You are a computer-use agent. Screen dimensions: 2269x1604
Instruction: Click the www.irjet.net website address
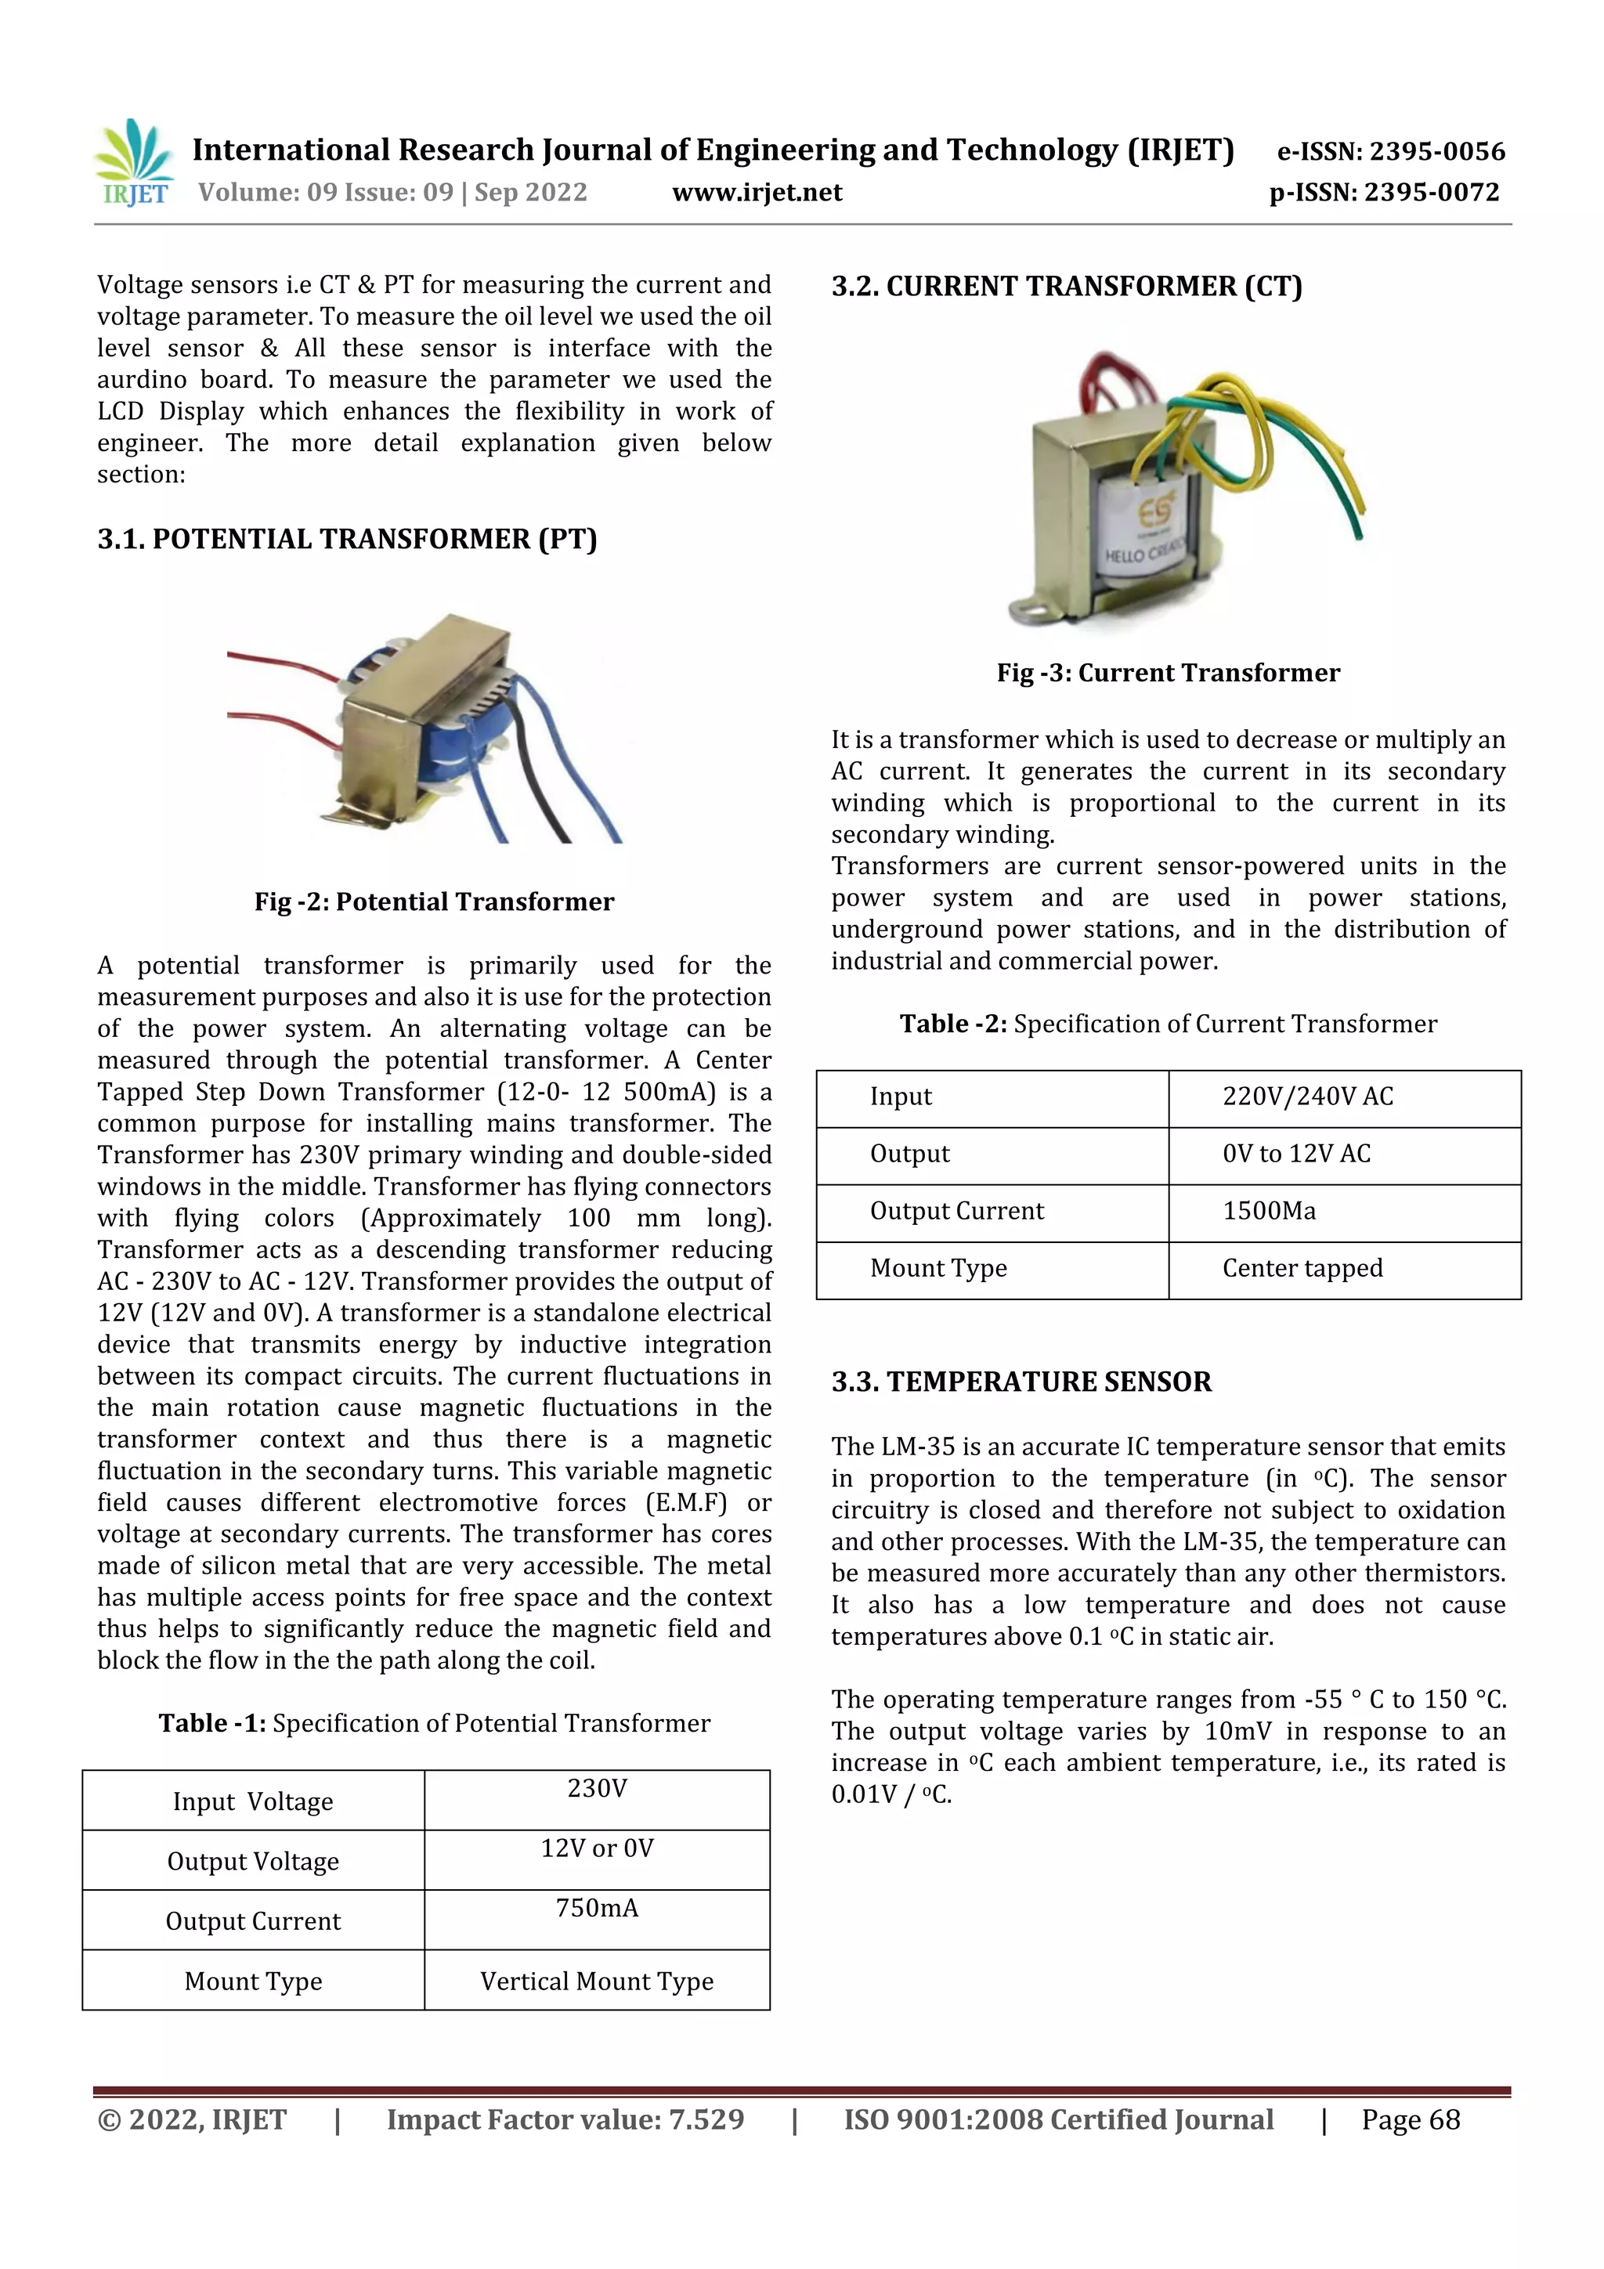click(x=757, y=193)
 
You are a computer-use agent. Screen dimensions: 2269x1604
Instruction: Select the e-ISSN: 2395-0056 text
click(x=1390, y=151)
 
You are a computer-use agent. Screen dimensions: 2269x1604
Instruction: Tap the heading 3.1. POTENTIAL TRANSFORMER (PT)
click(x=347, y=540)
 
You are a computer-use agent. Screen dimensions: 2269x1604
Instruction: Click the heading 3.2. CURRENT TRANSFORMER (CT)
click(x=1067, y=287)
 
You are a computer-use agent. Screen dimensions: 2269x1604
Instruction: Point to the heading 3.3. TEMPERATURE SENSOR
click(x=1021, y=1382)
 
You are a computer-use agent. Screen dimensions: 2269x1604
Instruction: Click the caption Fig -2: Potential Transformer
click(x=434, y=901)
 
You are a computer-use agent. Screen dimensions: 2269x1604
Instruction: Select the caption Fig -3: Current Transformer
click(x=1169, y=673)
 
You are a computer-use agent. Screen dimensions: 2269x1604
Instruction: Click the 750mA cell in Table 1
click(x=597, y=1908)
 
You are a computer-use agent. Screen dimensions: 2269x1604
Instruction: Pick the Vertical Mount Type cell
click(x=597, y=1982)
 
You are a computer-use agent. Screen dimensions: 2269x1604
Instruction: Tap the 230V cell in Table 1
click(x=597, y=1789)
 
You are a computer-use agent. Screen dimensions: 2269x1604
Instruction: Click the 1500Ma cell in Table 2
click(x=1269, y=1212)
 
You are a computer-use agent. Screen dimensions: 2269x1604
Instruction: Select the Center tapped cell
click(x=1302, y=1269)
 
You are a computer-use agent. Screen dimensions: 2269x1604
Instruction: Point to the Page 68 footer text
click(x=1411, y=2119)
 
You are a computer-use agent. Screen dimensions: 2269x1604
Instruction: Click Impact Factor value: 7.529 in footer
click(x=565, y=2119)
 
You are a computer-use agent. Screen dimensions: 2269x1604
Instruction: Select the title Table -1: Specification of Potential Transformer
click(x=434, y=1724)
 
